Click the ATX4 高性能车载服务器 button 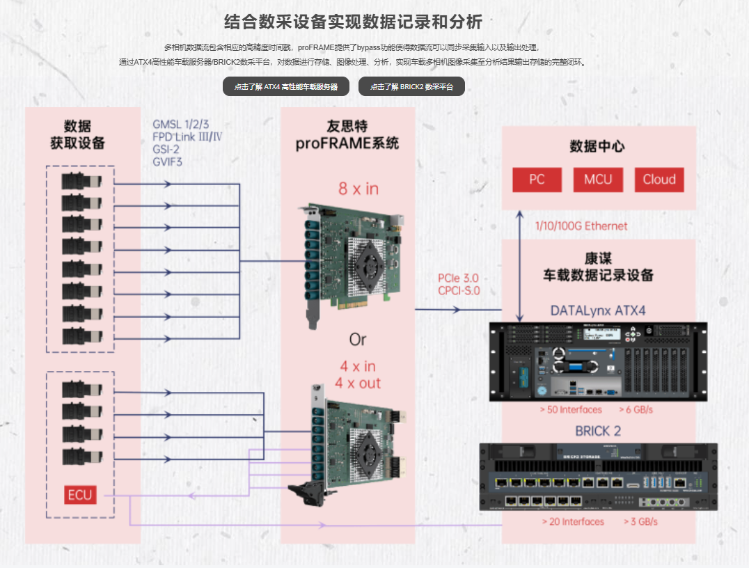(x=285, y=87)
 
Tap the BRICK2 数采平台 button (x=411, y=87)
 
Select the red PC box (x=537, y=180)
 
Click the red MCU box (x=598, y=180)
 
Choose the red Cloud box (x=659, y=180)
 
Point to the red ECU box (x=80, y=496)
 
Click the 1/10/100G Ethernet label (x=581, y=226)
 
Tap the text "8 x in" (x=358, y=189)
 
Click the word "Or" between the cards (x=357, y=340)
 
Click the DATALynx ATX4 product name (x=598, y=310)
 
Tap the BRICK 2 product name (x=598, y=431)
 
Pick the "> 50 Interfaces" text (x=571, y=410)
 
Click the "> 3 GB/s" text (x=640, y=521)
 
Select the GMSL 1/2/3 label (x=181, y=125)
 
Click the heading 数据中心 (x=597, y=147)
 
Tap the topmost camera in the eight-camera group (x=81, y=182)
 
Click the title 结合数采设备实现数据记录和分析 (x=353, y=22)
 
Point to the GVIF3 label (x=168, y=161)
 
